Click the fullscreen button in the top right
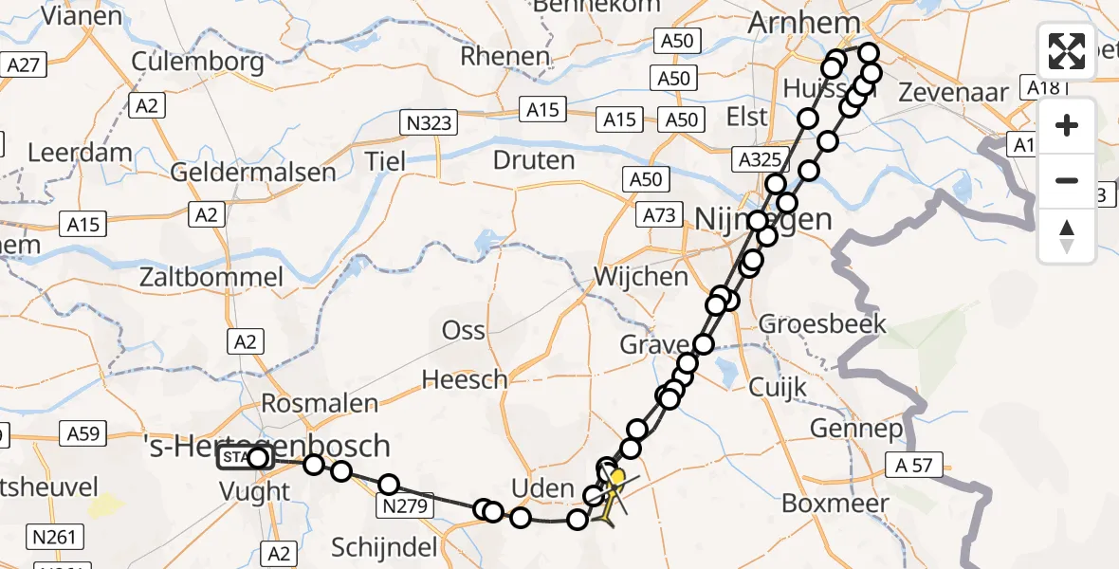pyautogui.click(x=1067, y=51)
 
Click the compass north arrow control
pyautogui.click(x=1067, y=236)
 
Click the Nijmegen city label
pyautogui.click(x=763, y=219)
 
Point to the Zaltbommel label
pyautogui.click(x=211, y=278)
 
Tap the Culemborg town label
pyautogui.click(x=198, y=63)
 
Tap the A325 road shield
pyautogui.click(x=758, y=159)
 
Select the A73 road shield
pyautogui.click(x=658, y=215)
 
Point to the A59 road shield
pyautogui.click(x=83, y=434)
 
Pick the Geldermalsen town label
pyautogui.click(x=253, y=173)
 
